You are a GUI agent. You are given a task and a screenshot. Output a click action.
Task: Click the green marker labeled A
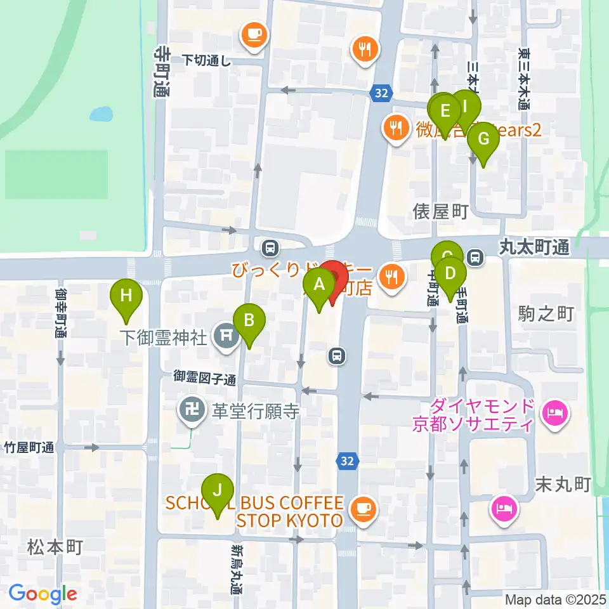318,285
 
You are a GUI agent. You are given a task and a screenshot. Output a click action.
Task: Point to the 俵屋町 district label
440,211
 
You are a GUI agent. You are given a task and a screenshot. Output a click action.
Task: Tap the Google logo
43,594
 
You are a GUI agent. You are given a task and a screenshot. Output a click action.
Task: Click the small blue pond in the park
101,114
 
